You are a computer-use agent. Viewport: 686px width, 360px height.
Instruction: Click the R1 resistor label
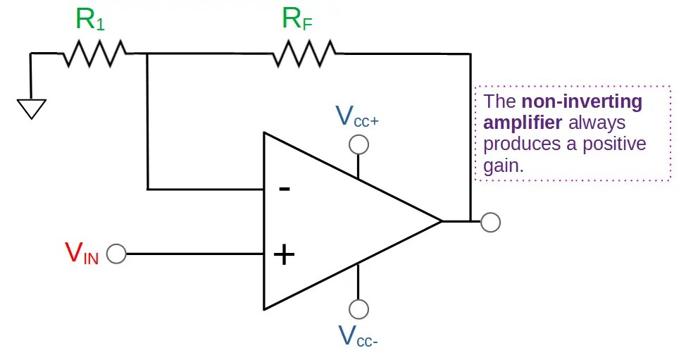click(x=91, y=19)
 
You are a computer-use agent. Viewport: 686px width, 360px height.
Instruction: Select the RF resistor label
click(x=297, y=19)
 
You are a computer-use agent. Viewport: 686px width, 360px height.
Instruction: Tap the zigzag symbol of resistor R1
click(x=95, y=54)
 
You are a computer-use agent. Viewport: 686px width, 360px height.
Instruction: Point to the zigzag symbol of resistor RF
click(x=304, y=54)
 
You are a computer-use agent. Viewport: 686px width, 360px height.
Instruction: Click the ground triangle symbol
click(x=32, y=109)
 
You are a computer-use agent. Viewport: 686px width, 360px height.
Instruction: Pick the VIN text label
click(x=82, y=254)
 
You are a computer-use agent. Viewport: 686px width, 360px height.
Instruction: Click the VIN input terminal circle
click(x=116, y=254)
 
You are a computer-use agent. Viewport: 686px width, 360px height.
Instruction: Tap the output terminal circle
click(x=490, y=222)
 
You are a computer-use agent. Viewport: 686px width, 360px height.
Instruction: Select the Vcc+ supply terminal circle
click(x=358, y=145)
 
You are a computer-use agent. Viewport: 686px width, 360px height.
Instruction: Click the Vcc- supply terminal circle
click(x=358, y=309)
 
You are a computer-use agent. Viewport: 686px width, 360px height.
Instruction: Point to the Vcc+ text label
click(x=357, y=116)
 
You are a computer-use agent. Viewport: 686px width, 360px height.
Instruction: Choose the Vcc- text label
click(x=358, y=336)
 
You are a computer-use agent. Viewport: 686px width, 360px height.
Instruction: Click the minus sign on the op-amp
click(x=285, y=189)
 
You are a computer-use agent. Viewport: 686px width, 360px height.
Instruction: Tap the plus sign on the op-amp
click(x=284, y=254)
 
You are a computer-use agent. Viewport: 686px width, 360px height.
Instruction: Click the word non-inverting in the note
click(x=582, y=101)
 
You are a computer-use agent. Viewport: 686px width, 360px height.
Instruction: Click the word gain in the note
click(x=503, y=166)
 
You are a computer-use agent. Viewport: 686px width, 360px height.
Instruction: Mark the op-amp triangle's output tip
click(x=442, y=221)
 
